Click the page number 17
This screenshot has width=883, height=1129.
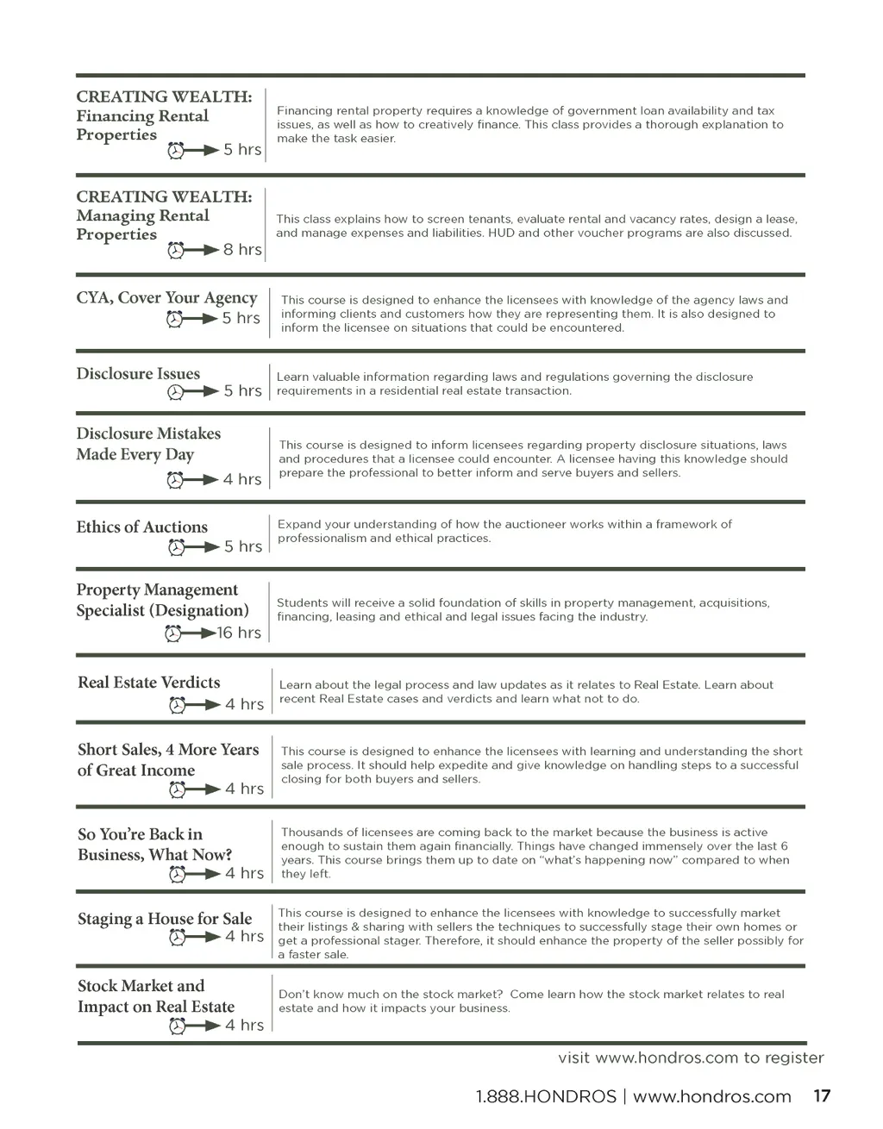822,1096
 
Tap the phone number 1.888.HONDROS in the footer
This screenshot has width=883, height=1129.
546,1097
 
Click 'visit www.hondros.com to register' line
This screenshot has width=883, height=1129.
691,1057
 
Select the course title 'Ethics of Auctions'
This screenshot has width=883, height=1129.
141,527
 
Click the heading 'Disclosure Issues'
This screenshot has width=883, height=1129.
138,374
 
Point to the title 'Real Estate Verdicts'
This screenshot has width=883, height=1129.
148,683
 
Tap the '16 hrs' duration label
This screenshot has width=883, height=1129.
239,633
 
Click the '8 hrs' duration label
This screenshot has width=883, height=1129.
242,250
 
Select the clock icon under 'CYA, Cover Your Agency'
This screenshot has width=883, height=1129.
175,319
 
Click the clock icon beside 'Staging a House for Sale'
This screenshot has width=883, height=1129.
178,937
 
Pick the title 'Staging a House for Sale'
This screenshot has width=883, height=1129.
165,919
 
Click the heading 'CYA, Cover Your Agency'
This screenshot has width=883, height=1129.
166,298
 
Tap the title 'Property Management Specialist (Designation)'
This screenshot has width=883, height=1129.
162,601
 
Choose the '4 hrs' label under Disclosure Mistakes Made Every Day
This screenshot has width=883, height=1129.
241,479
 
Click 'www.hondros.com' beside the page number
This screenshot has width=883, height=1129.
711,1097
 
